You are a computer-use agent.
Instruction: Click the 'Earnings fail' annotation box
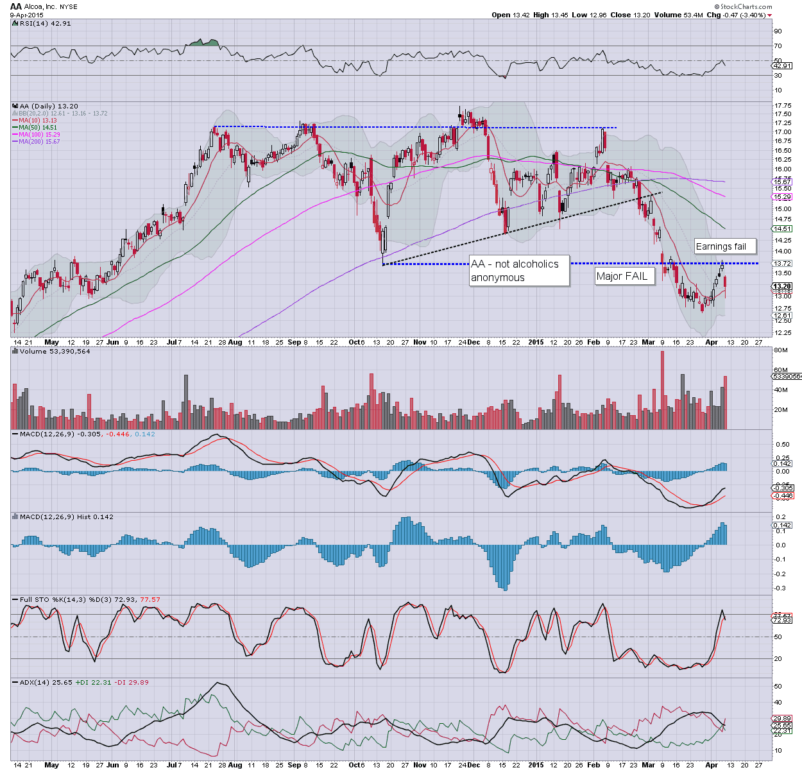(725, 246)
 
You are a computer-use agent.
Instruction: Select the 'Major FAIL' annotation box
(622, 276)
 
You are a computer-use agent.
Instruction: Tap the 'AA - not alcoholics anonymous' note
(519, 271)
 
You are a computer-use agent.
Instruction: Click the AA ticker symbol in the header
(16, 6)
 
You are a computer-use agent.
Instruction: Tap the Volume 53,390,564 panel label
(55, 351)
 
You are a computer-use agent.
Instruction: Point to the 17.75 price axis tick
(782, 106)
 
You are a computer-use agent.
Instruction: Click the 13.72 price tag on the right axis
(782, 264)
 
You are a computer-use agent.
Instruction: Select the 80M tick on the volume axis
(781, 350)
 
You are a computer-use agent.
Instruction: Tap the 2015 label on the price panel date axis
(536, 342)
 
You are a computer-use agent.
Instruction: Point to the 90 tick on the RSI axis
(778, 31)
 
